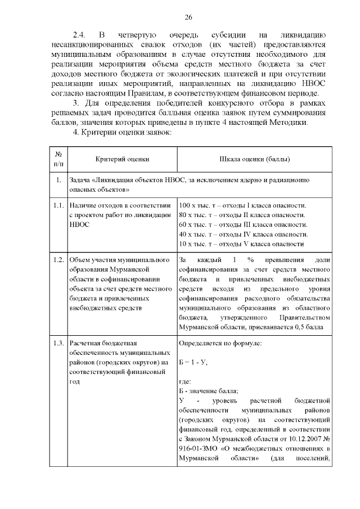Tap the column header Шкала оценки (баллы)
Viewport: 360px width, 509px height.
coord(254,159)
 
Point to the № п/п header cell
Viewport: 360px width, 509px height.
coord(58,159)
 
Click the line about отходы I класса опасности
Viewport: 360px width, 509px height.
coord(242,205)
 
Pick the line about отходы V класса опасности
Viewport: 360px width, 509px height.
coord(242,244)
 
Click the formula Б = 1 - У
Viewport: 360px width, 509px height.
coord(193,362)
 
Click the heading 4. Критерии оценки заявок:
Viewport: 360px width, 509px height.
coord(119,132)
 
